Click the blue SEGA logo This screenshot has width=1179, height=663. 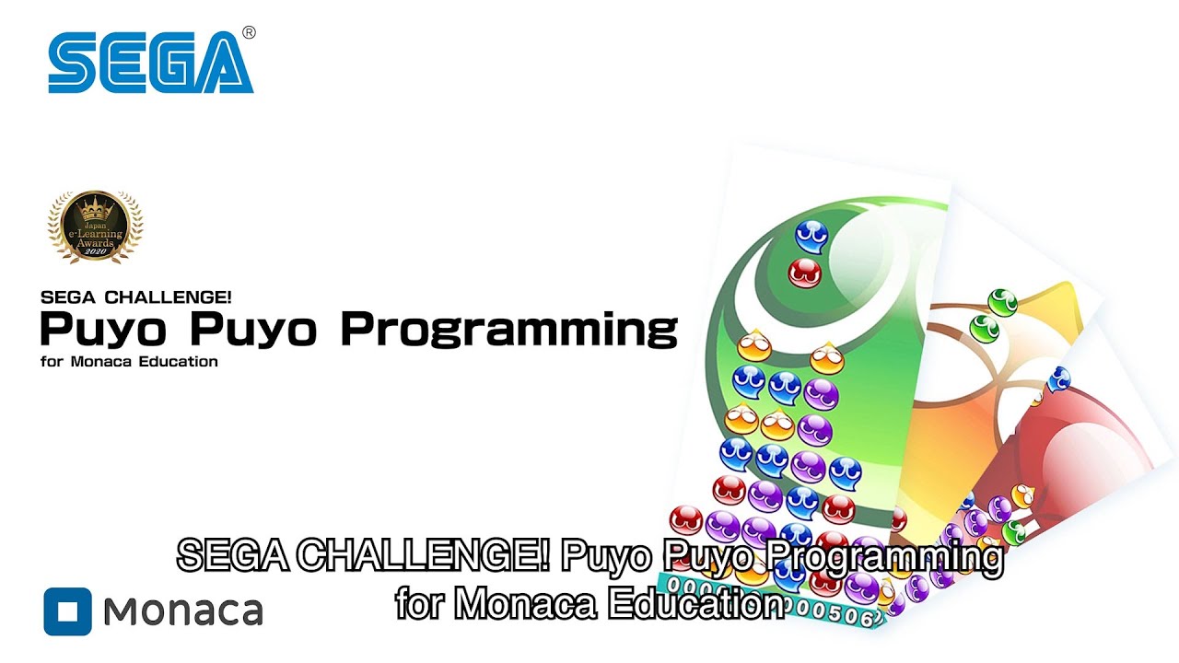(x=150, y=63)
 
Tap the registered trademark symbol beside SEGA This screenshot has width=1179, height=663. (x=249, y=33)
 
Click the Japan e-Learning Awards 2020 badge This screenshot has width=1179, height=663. (x=95, y=227)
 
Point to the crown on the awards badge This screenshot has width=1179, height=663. (x=95, y=206)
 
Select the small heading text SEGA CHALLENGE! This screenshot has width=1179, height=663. (x=135, y=297)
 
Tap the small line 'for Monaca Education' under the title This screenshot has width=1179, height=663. (x=129, y=362)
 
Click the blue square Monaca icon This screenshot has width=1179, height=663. (x=67, y=611)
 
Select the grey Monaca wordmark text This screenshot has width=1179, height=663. (x=183, y=611)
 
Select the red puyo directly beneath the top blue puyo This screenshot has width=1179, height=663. (x=804, y=273)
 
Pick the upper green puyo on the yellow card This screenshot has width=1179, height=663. (x=1002, y=301)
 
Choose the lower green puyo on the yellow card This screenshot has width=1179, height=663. (x=985, y=327)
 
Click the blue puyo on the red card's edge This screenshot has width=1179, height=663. (x=1059, y=378)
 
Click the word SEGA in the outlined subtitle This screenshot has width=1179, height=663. (x=233, y=556)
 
